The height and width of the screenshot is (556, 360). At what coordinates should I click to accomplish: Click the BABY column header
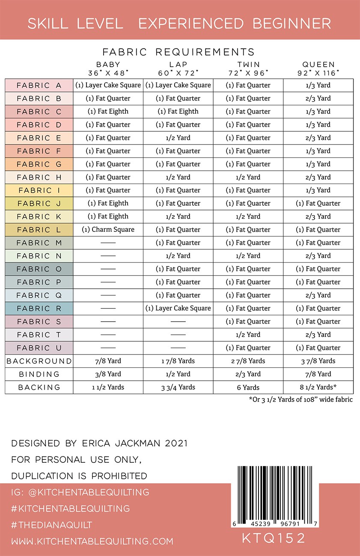(108, 64)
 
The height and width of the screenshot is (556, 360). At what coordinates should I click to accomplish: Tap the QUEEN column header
(318, 64)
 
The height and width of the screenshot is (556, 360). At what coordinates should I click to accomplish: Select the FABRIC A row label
(39, 86)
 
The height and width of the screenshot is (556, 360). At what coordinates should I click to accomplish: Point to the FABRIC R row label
(39, 308)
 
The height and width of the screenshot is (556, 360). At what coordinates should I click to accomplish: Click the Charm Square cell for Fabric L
(108, 230)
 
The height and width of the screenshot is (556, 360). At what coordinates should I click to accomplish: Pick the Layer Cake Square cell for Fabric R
(178, 308)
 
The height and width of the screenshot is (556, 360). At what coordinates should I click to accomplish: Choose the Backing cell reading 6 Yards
(248, 387)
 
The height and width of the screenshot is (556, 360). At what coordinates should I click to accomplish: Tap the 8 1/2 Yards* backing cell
(318, 387)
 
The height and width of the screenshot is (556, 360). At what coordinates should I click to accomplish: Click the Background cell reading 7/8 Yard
(108, 361)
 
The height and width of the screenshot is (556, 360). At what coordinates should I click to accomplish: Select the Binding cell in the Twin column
(248, 374)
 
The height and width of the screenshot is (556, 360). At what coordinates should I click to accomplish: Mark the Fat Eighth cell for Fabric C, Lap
(178, 112)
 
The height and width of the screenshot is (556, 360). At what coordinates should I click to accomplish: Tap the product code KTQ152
(274, 538)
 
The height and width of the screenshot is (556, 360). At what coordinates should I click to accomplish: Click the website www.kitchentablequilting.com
(92, 541)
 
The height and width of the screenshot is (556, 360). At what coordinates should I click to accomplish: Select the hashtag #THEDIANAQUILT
(52, 525)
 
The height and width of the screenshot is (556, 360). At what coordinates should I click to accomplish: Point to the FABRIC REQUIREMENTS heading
(179, 52)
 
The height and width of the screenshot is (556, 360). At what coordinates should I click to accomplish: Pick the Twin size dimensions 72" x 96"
(248, 73)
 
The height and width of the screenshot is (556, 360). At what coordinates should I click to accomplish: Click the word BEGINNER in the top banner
(292, 24)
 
